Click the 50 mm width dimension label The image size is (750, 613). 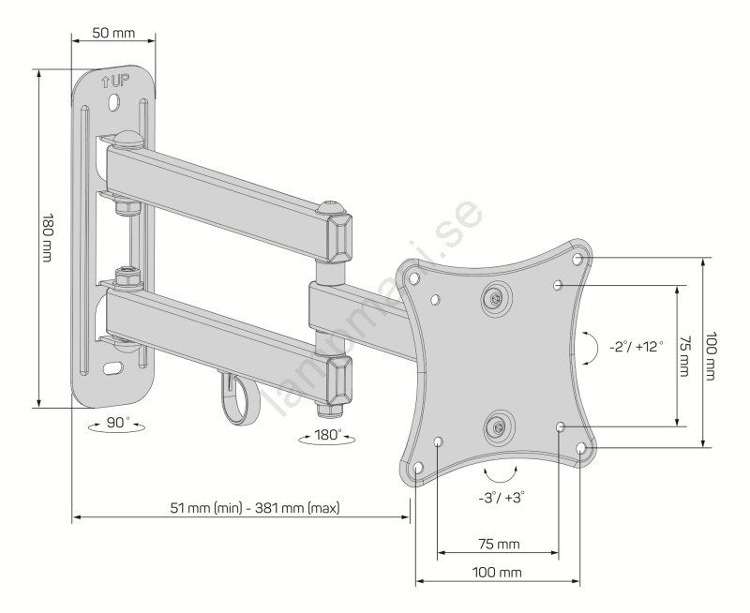coord(113,33)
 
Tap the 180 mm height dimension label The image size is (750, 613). coord(48,238)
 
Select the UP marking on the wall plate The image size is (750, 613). coord(115,82)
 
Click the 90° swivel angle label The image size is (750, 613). coord(118,422)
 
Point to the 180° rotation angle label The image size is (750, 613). coord(328,435)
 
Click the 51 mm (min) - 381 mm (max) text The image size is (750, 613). coord(255,507)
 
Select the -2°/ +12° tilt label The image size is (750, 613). coord(637,346)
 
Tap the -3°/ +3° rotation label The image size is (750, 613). coord(502,498)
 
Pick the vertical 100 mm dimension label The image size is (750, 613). coord(712,356)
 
